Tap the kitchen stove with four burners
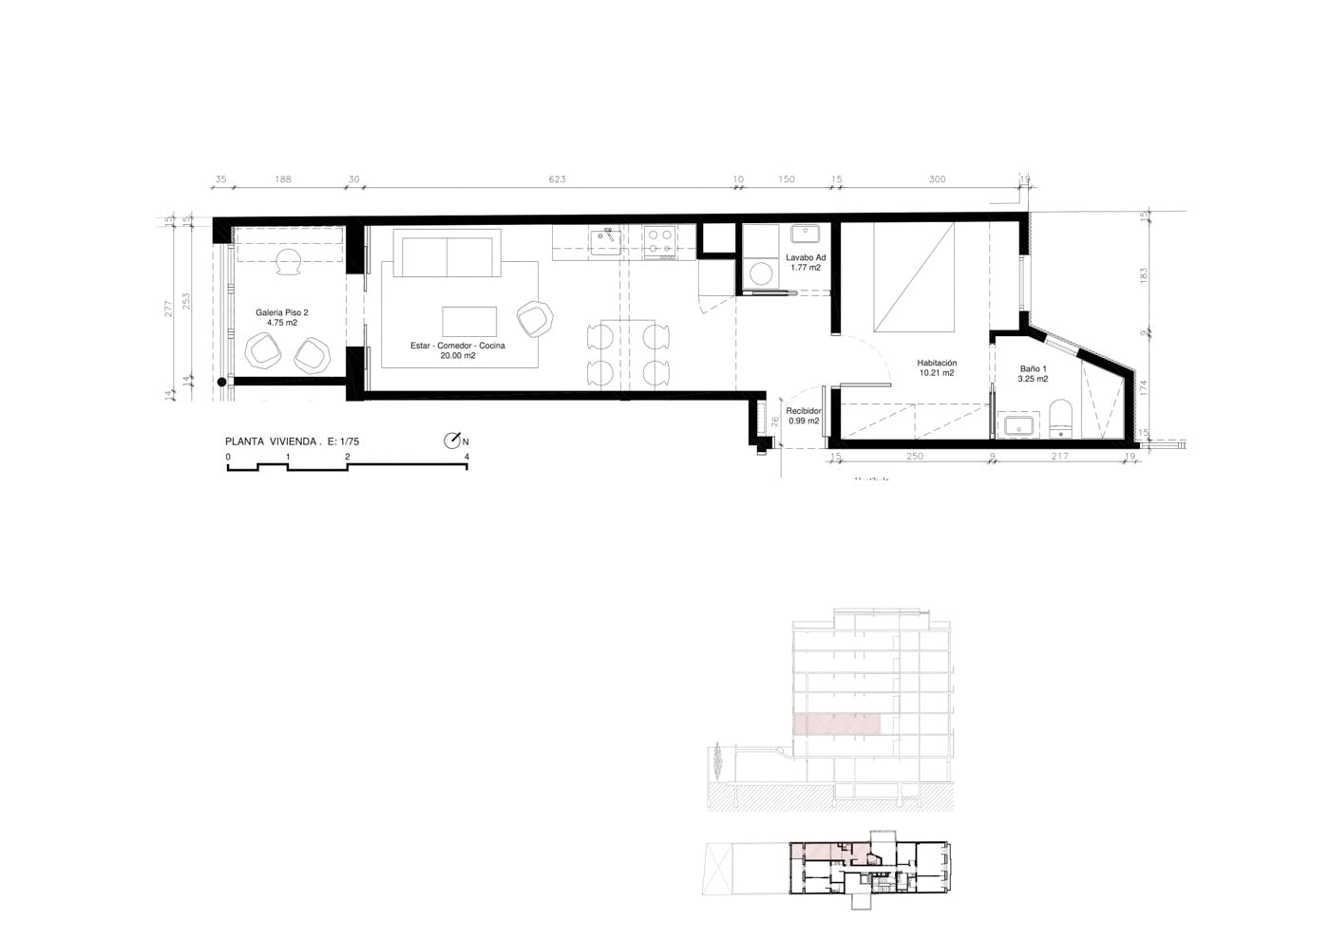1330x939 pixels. [x=660, y=241]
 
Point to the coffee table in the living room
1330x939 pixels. [x=469, y=321]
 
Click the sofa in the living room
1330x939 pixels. [x=446, y=254]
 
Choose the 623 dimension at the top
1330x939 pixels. [x=557, y=179]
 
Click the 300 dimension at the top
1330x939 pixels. [x=937, y=179]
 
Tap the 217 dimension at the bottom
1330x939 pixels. [x=1059, y=457]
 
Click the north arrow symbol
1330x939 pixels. [x=453, y=441]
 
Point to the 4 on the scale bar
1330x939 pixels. [x=466, y=457]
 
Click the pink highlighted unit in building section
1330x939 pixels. [x=837, y=723]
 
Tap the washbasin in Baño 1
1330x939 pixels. [x=1018, y=424]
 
